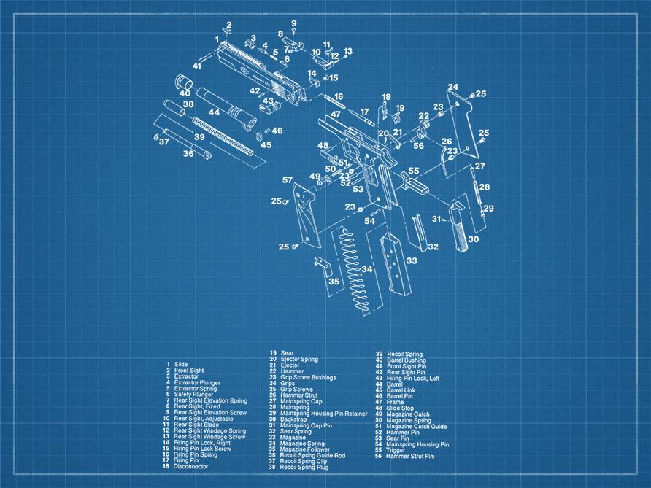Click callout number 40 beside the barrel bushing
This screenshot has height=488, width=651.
(185, 93)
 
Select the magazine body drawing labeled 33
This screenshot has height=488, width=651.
(396, 264)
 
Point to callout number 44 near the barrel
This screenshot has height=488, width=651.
(215, 112)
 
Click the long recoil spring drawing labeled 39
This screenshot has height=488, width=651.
(223, 136)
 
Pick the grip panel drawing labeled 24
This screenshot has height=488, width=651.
(462, 124)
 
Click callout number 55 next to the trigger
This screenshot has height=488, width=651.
(414, 171)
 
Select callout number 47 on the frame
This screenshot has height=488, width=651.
(336, 115)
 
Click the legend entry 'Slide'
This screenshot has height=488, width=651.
(181, 364)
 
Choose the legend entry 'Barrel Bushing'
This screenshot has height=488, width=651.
(407, 360)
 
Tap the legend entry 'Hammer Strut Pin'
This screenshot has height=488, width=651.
(409, 456)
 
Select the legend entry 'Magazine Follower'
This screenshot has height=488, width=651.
(305, 449)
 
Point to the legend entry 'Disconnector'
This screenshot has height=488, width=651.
(190, 466)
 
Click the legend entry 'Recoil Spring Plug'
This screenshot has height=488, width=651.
(304, 468)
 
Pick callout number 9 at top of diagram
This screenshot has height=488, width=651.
(294, 23)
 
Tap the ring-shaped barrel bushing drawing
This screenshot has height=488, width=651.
(182, 82)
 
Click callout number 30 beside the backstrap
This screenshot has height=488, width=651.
(474, 239)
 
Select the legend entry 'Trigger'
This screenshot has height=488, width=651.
(396, 450)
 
